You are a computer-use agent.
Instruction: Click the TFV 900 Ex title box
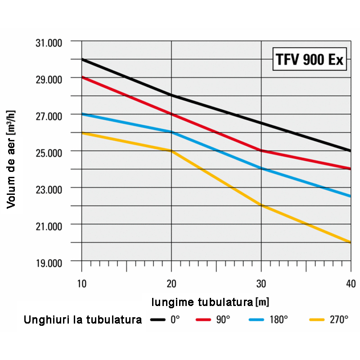tap(309, 60)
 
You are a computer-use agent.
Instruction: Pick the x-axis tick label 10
tap(81, 283)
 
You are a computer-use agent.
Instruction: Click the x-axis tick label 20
tap(171, 283)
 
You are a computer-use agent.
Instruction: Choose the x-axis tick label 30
tap(261, 283)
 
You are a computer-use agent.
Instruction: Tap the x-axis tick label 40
tap(351, 283)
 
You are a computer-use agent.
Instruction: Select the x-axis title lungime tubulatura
tap(210, 301)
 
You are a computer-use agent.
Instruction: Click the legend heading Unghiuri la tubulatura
tap(83, 320)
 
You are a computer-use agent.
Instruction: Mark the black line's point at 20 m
tap(171, 95)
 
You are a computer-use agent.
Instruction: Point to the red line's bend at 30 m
tap(261, 150)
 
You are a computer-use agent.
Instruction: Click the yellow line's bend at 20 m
tap(171, 151)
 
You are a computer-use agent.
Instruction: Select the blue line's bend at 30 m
tap(261, 169)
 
